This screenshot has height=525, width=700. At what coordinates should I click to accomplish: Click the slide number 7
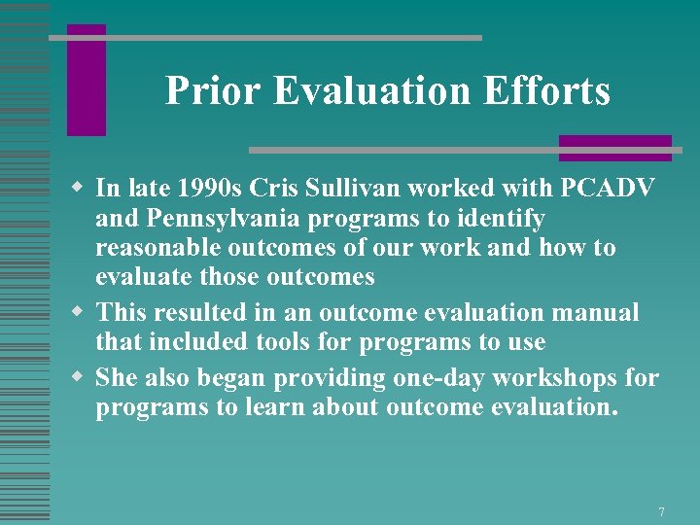661,511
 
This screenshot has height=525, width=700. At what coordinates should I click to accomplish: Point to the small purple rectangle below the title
614,148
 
